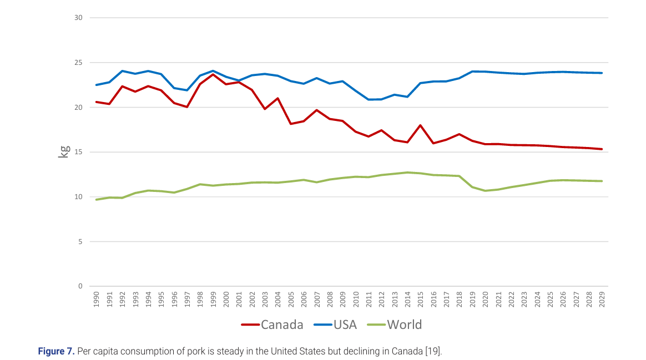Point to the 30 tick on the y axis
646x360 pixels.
click(78, 18)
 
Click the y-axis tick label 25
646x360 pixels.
click(78, 63)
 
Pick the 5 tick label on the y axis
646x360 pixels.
click(80, 241)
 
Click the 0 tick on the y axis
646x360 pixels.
click(80, 286)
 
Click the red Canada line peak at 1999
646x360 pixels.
click(213, 74)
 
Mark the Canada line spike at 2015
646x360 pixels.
click(420, 125)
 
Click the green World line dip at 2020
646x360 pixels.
click(485, 191)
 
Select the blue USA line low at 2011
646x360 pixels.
click(369, 99)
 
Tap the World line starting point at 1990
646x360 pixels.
click(97, 200)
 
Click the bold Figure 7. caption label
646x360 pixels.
click(56, 351)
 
